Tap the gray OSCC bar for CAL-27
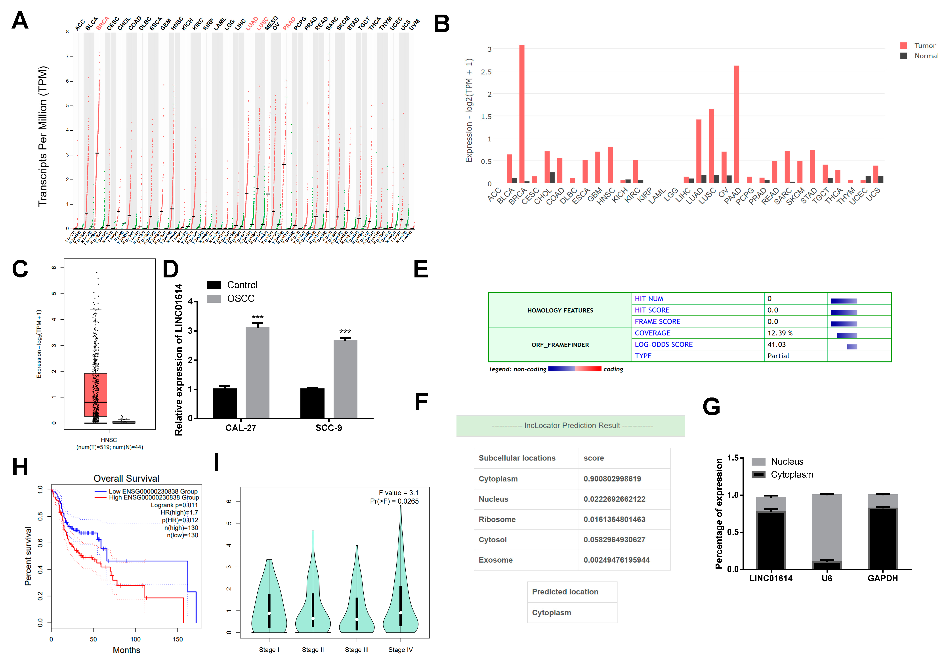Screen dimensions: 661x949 [x=257, y=372]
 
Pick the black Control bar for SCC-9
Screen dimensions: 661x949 [x=312, y=403]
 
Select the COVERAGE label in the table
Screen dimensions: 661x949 [x=652, y=333]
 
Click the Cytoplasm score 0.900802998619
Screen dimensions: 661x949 [x=612, y=479]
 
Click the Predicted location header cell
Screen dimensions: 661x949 [x=565, y=592]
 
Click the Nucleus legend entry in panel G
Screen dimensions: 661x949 [x=787, y=461]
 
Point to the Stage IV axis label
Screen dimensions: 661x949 [x=400, y=650]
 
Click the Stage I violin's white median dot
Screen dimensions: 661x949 [x=269, y=613]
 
